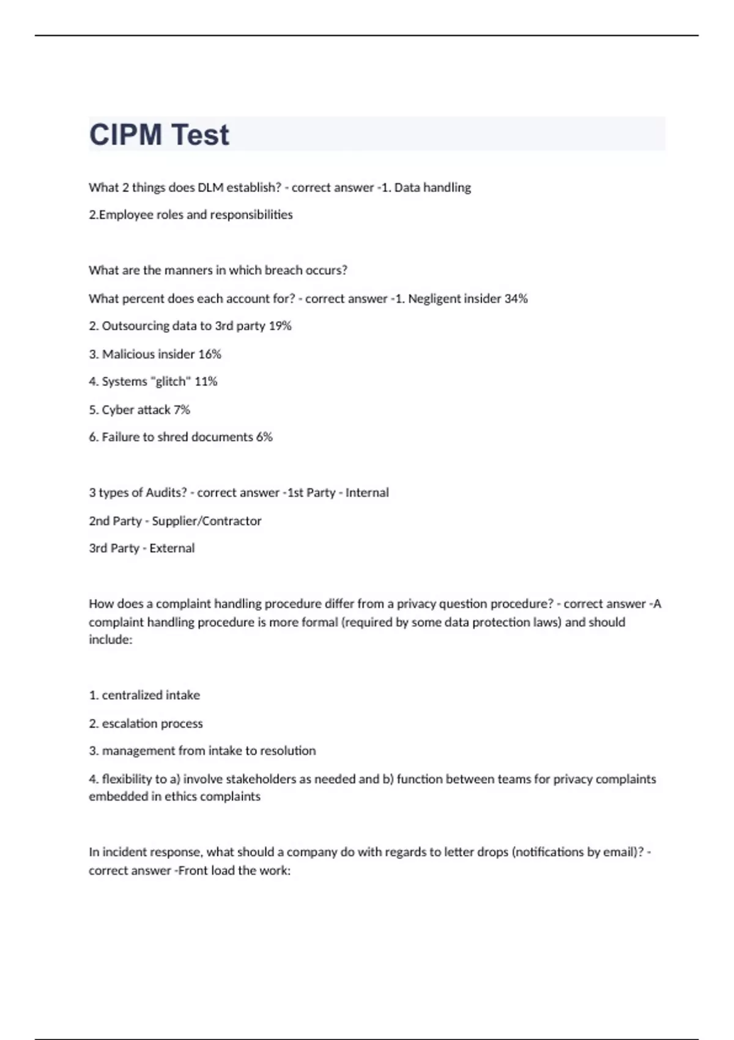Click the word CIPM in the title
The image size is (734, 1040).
[125, 135]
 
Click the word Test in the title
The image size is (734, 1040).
[200, 135]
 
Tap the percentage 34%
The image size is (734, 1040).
[516, 299]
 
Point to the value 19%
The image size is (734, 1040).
[280, 326]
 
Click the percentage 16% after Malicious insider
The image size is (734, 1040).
[210, 354]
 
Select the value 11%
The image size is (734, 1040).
[206, 382]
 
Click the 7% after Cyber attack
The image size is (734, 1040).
[182, 410]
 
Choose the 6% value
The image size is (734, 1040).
[264, 437]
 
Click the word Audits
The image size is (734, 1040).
[166, 493]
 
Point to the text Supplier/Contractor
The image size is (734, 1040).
[207, 521]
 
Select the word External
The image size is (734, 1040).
[172, 549]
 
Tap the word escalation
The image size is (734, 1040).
[127, 724]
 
